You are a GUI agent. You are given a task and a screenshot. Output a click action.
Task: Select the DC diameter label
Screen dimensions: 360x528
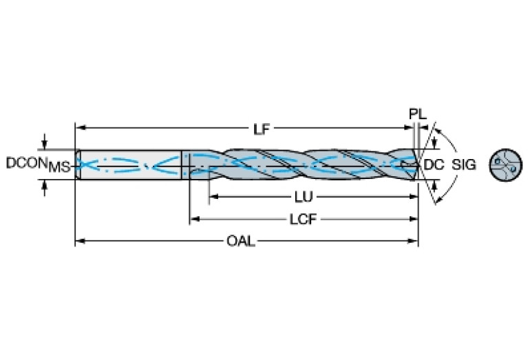pyautogui.click(x=432, y=165)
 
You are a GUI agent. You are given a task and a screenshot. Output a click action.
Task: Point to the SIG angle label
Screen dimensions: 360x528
pyautogui.click(x=465, y=165)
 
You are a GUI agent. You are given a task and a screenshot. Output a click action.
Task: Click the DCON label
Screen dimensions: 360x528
pyautogui.click(x=26, y=163)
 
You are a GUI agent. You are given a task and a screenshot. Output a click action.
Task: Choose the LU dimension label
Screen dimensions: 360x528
pyautogui.click(x=303, y=197)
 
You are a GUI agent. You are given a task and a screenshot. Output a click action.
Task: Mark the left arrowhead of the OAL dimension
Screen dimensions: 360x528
pyautogui.click(x=78, y=241)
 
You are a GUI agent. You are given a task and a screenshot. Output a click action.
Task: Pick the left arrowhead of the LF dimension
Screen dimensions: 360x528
pyautogui.click(x=78, y=128)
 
